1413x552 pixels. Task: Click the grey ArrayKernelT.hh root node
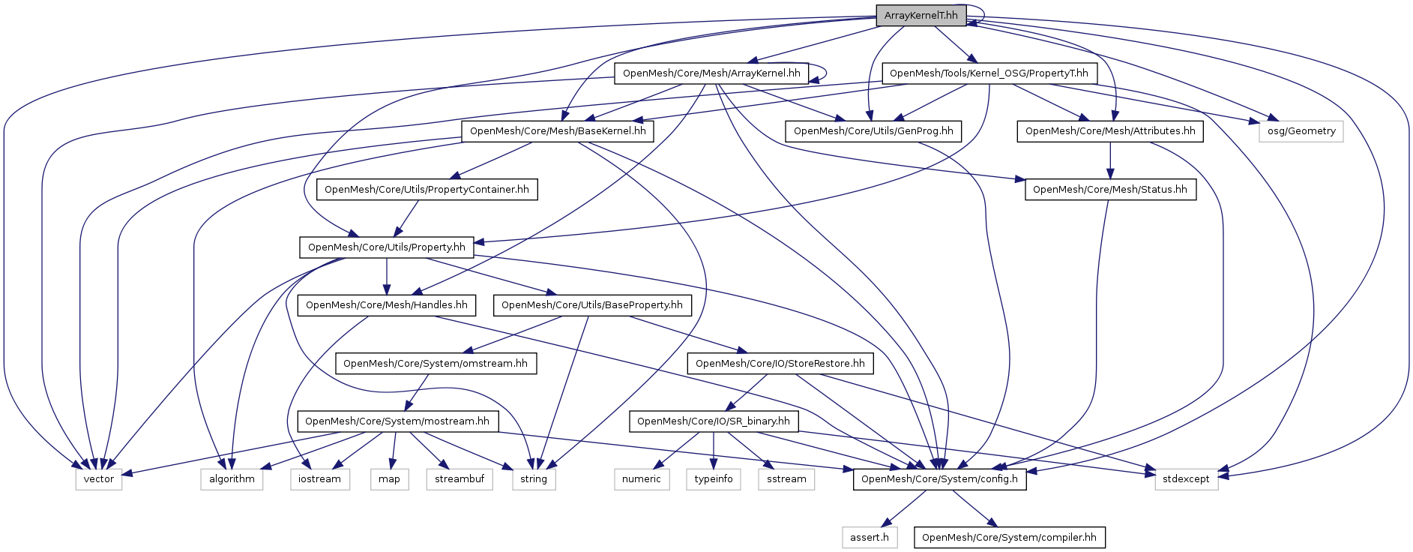point(921,16)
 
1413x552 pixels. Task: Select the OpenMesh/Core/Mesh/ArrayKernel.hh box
point(711,73)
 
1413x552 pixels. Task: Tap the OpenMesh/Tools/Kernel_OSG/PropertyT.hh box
point(989,73)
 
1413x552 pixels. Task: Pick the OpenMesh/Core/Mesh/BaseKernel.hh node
point(558,131)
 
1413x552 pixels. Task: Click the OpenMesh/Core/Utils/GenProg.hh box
point(873,131)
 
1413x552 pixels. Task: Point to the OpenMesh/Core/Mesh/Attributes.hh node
point(1110,131)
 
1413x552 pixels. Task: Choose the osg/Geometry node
point(1301,131)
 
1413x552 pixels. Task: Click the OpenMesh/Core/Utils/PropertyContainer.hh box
point(427,190)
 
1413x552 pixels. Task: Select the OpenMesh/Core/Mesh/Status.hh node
point(1110,190)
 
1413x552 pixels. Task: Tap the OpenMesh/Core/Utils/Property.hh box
point(386,247)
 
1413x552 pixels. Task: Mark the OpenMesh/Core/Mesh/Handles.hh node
point(386,305)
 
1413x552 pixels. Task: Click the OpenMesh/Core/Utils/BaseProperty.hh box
point(591,305)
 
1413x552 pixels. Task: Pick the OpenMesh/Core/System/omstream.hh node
point(435,364)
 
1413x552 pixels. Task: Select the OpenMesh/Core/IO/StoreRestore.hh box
point(780,364)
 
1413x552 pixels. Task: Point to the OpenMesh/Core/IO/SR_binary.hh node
point(713,421)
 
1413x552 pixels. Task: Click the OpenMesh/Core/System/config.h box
point(939,479)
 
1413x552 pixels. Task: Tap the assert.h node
point(869,538)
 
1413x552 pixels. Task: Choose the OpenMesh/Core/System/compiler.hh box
point(1009,538)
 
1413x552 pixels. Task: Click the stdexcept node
point(1186,479)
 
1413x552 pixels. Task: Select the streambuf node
point(460,479)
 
